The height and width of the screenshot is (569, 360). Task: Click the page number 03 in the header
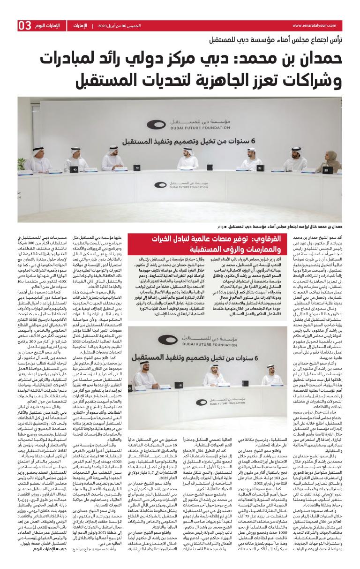pos(25,25)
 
